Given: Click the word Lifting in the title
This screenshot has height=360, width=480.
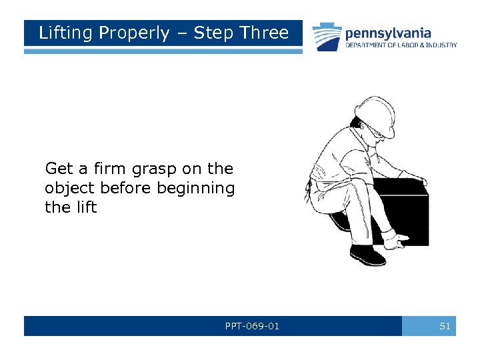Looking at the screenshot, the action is (65, 33).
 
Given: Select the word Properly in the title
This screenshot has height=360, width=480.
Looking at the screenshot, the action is (134, 33).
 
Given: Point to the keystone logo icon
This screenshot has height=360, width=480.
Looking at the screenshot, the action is (327, 37).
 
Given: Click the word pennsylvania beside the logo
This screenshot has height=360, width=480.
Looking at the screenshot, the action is (388, 34).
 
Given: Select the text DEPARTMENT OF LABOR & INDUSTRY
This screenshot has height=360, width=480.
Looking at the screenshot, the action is (401, 45).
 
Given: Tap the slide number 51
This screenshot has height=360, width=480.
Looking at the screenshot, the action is (445, 326).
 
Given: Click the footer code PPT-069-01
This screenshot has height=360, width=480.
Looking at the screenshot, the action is (252, 326).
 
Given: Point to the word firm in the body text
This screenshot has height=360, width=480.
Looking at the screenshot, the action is (109, 168).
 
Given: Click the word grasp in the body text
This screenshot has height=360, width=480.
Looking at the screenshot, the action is (154, 170).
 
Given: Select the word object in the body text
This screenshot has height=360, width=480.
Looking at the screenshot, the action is (69, 188).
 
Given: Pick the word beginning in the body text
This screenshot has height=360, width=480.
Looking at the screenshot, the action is (195, 188).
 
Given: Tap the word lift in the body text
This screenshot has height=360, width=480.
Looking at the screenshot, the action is (87, 207).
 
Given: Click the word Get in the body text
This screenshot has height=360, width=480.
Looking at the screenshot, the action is (59, 169).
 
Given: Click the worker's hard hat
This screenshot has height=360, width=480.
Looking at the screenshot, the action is (375, 115).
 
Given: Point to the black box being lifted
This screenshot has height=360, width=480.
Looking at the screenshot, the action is (407, 214).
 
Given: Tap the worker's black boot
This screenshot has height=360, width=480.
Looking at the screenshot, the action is (367, 255).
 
